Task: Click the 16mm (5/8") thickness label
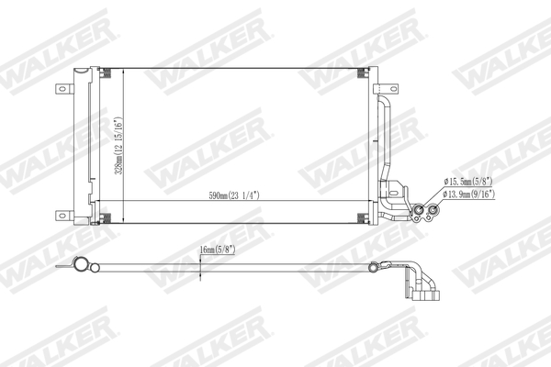[x=219, y=248]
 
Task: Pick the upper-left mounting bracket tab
[x=64, y=89]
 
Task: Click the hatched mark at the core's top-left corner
[x=104, y=76]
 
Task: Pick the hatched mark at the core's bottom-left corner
[x=104, y=217]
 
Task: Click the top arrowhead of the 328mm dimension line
[x=121, y=74]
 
